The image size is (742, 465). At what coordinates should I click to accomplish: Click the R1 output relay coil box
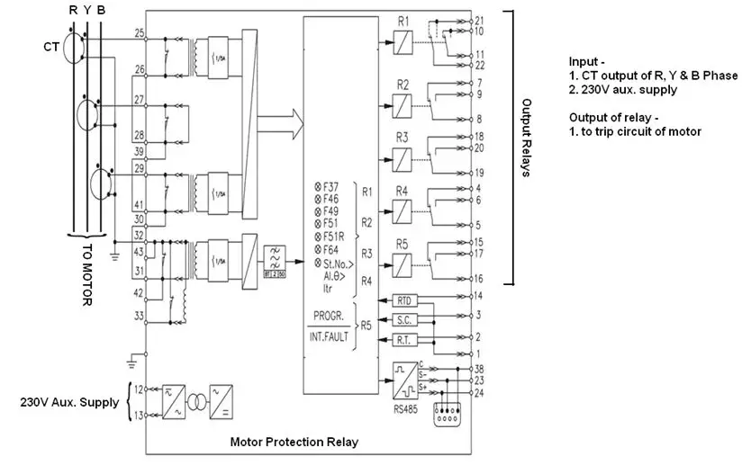(x=402, y=40)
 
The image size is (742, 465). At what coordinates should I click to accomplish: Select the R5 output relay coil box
(x=402, y=264)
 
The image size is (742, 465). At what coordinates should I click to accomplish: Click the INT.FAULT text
(x=329, y=339)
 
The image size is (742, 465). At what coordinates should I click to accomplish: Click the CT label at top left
(x=51, y=43)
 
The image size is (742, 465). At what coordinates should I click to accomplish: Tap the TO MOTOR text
(x=86, y=275)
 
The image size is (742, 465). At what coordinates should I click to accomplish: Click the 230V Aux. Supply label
(x=69, y=402)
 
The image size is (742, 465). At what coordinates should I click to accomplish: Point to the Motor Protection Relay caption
(x=294, y=442)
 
